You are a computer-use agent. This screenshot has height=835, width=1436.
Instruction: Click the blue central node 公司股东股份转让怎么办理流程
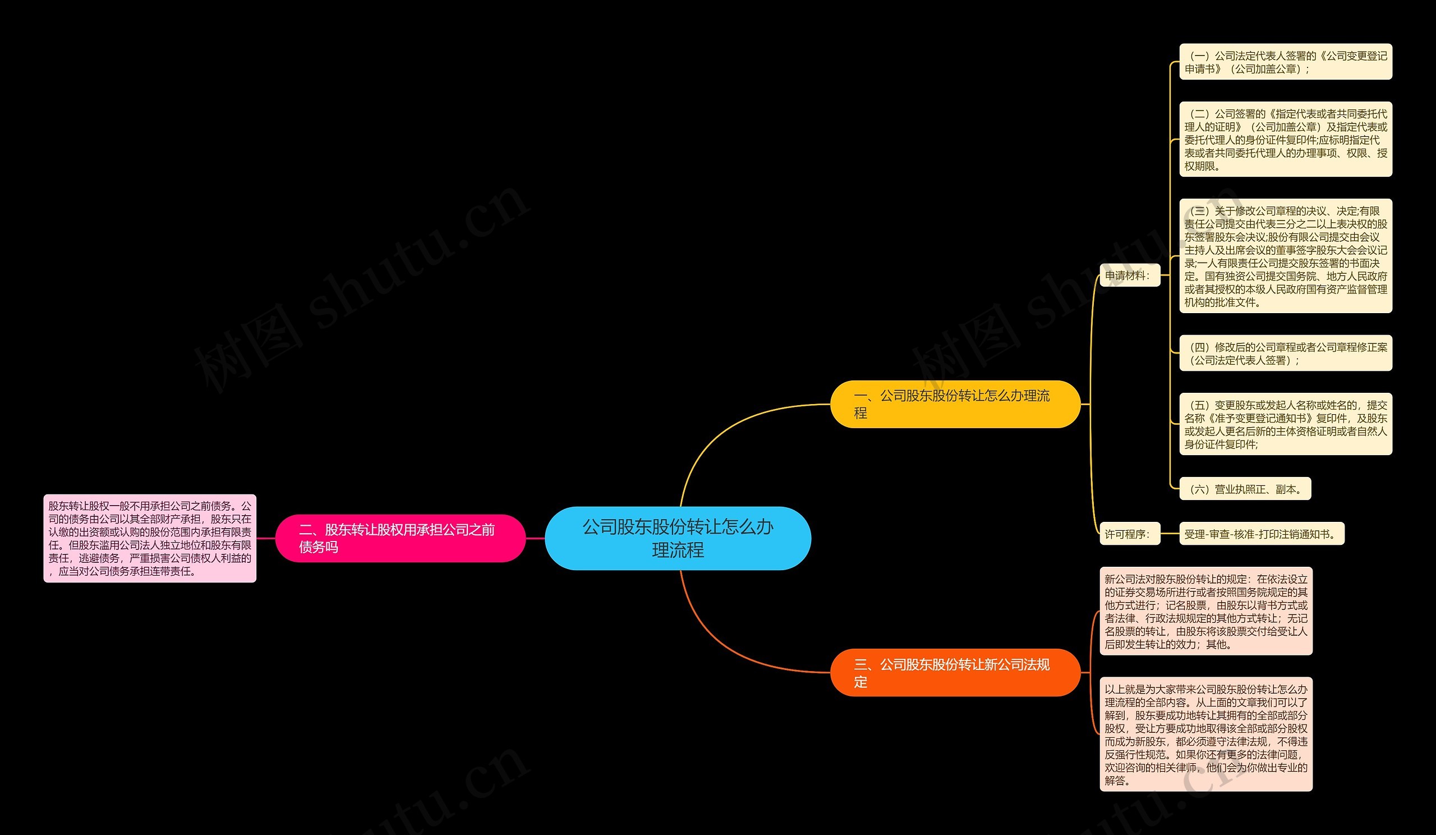678,538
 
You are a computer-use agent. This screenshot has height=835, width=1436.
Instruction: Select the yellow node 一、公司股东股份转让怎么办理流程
955,404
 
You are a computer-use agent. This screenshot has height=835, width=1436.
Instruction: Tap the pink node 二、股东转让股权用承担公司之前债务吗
400,538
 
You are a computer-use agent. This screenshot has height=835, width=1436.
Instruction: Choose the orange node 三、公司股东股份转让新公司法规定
955,673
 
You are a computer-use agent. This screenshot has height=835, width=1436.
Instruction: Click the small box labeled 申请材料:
1129,276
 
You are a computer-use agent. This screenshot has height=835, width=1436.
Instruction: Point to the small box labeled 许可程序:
1129,534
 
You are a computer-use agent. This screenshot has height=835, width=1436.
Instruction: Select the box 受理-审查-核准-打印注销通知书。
1262,534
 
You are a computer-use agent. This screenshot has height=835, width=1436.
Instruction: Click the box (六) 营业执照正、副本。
1245,489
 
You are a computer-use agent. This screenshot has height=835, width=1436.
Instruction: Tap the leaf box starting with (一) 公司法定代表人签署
1286,62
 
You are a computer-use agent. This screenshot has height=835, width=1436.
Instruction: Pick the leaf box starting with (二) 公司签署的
1286,140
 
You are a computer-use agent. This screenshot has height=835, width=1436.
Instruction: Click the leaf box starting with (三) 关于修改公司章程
1286,256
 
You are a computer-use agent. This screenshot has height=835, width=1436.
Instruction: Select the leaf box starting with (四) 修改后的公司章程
1286,354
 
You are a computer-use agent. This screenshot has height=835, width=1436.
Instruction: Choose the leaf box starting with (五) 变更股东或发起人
1286,425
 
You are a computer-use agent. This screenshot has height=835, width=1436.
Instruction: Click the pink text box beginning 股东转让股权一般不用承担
150,538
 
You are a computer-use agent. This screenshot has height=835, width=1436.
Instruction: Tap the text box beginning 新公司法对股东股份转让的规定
1206,612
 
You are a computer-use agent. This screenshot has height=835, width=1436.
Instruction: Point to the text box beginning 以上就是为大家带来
1206,734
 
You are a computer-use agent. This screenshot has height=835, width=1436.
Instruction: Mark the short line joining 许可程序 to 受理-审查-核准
1170,534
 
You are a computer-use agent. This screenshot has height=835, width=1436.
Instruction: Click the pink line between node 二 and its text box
266,538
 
